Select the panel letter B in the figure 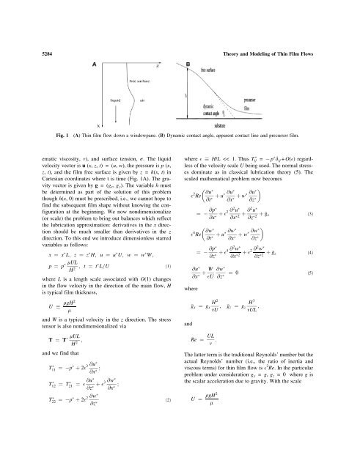[188, 64]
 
